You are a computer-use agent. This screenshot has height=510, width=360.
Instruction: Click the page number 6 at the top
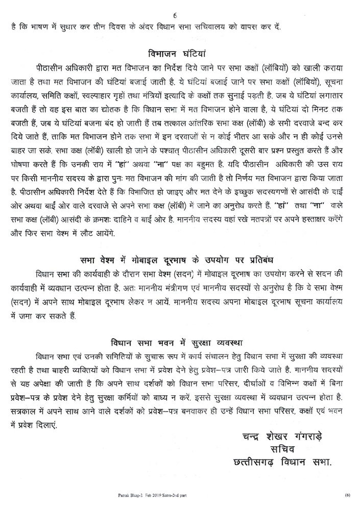[x=175, y=16]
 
